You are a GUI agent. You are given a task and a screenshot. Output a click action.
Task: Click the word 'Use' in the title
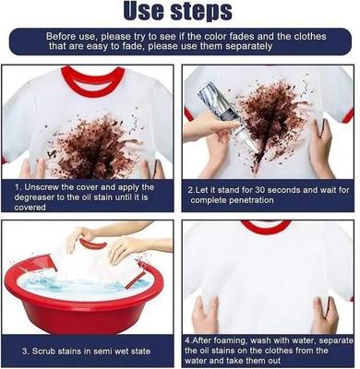point(144,11)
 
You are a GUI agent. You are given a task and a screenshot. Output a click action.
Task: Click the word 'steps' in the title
point(201,12)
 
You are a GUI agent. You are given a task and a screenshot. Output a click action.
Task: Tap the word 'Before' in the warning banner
point(61,37)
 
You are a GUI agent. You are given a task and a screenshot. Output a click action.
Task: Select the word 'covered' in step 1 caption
point(30,208)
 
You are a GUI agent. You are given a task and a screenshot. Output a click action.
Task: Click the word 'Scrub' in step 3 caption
point(42,351)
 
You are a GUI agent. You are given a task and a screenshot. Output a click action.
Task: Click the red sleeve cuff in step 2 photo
point(348,116)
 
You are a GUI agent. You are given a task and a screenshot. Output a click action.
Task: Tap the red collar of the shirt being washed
point(93,244)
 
